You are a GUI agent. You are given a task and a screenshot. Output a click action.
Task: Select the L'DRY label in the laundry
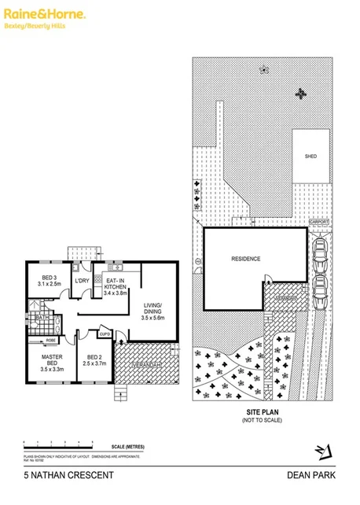(80, 281)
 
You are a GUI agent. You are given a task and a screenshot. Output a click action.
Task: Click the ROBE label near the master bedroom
(49, 341)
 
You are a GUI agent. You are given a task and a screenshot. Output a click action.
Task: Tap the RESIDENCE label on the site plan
(245, 259)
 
